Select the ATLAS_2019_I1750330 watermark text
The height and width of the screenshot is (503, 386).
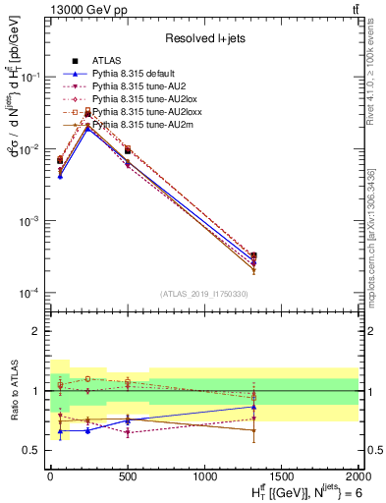203,294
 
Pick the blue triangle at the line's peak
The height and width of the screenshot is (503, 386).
87,128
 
